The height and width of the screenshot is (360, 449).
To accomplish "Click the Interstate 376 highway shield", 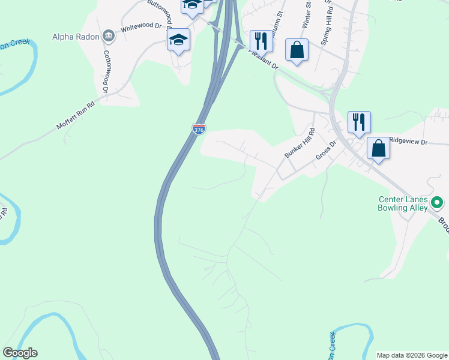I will coord(199,128).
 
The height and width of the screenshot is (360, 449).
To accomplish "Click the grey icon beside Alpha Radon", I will coord(109,35).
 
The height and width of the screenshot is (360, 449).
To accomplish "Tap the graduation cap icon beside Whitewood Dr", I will coord(178,40).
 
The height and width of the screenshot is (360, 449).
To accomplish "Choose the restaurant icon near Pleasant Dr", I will coord(261,41).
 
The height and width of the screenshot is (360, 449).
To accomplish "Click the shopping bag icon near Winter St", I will coord(297,50).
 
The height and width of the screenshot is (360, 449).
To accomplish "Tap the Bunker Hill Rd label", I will coord(299,143).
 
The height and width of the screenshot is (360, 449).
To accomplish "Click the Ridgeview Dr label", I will coord(408,142).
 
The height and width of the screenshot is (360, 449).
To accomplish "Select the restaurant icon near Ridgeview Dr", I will coord(359,122).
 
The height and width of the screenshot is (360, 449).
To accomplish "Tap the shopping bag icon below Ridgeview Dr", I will coord(379,148).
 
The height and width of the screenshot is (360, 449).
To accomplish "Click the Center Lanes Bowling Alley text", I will coord(403,204).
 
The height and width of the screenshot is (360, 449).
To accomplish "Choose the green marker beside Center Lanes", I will coord(438,203).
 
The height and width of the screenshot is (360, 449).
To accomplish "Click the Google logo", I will coord(20,353).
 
